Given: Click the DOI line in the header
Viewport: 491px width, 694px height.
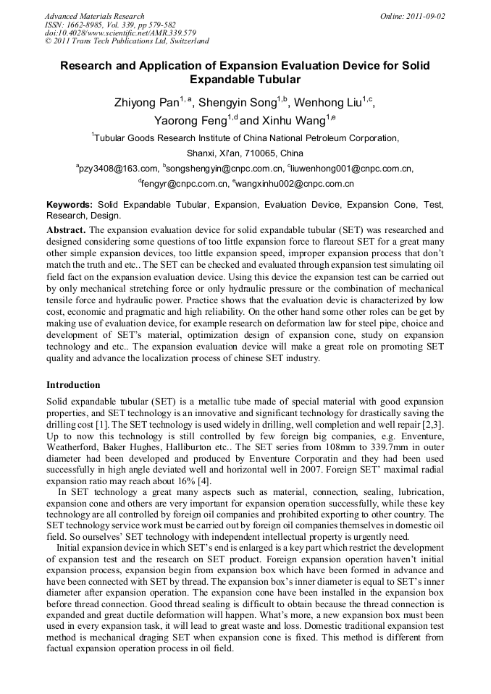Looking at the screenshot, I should coord(120,33).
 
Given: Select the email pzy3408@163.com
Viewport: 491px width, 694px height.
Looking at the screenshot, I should coord(119,169).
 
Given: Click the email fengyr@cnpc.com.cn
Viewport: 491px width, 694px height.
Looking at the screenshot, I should coord(185,184).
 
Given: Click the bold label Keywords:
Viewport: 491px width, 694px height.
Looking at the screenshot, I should coord(70,206).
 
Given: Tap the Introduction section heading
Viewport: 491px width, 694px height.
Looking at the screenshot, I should coord(73,384).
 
